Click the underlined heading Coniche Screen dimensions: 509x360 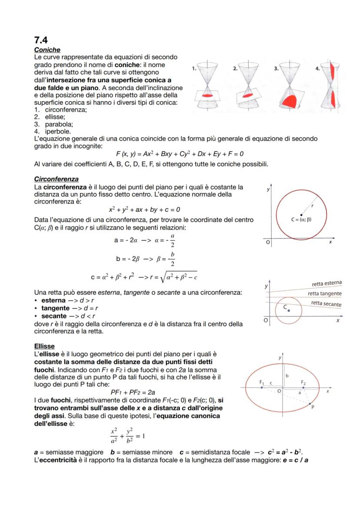click(x=47, y=50)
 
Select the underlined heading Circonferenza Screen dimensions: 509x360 click(x=56, y=179)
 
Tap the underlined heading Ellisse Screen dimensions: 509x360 click(x=44, y=346)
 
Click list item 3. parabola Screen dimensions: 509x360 click(x=54, y=123)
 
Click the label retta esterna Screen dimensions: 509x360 click(x=327, y=284)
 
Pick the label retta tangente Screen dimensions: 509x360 click(x=324, y=294)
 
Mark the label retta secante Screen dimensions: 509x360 click(x=326, y=304)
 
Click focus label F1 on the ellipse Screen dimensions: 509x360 click(x=261, y=382)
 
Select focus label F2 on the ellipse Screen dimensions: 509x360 click(x=303, y=382)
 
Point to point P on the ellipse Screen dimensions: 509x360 click(x=313, y=408)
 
